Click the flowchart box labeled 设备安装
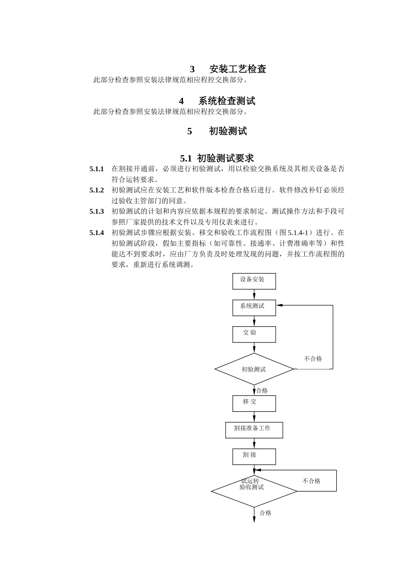(x=254, y=281)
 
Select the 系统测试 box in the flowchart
(x=254, y=307)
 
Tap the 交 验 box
(x=254, y=334)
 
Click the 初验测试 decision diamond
(x=254, y=369)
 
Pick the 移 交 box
(x=254, y=403)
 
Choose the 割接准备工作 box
(x=254, y=430)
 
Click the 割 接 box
(x=254, y=456)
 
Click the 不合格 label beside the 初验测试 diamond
(x=313, y=359)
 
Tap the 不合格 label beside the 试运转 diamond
(x=311, y=481)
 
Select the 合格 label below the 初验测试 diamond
(x=262, y=390)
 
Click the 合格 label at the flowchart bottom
(x=265, y=513)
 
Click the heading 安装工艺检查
(x=238, y=69)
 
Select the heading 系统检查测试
(x=227, y=101)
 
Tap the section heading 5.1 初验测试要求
(x=217, y=158)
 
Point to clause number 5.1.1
(x=97, y=169)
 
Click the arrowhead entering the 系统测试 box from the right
(x=279, y=305)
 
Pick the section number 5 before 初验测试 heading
(x=190, y=131)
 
